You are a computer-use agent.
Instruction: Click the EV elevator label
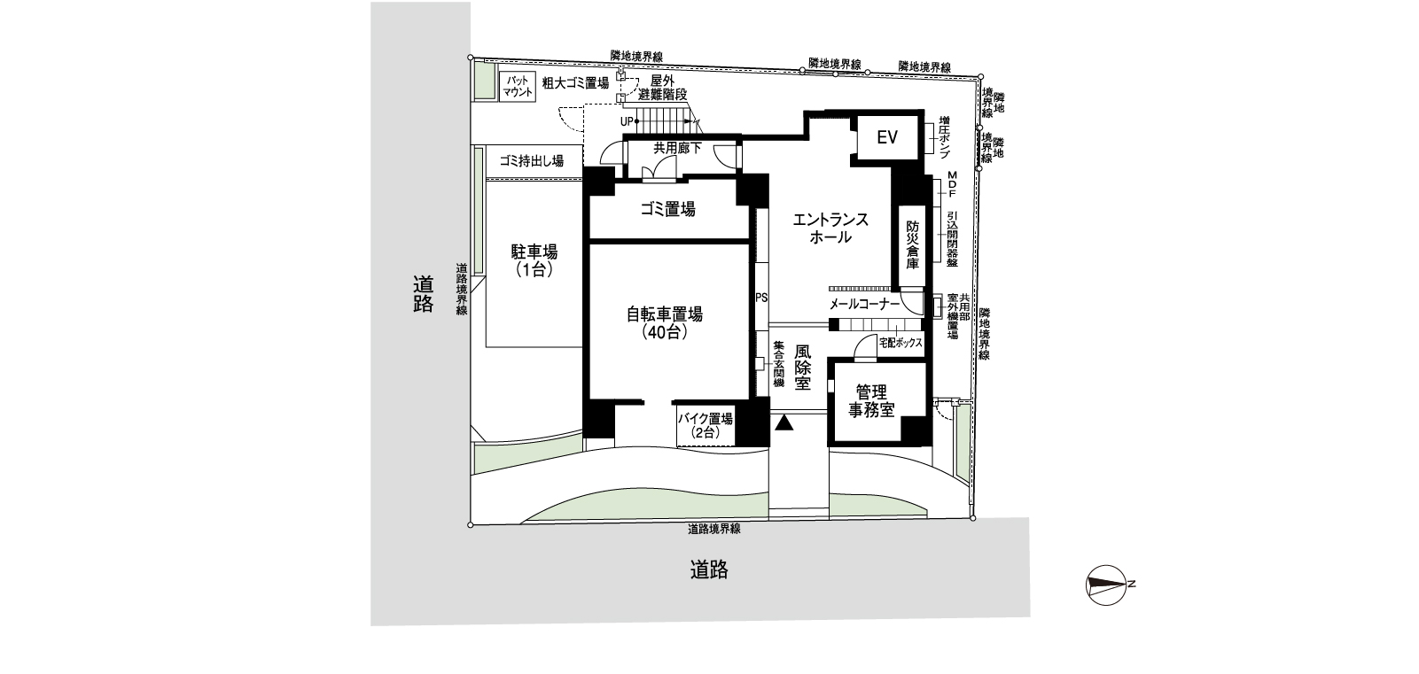[887, 137]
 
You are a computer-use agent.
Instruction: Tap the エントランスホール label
[830, 229]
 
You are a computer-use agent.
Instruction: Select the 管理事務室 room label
[873, 400]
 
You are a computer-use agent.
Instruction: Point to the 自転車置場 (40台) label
[665, 323]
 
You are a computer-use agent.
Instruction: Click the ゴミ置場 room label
[667, 209]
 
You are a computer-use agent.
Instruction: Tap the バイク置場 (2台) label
[705, 426]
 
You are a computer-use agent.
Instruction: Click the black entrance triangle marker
[783, 423]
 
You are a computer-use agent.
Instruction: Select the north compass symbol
[1106, 583]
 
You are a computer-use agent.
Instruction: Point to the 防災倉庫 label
[912, 245]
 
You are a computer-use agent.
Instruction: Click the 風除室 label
[803, 368]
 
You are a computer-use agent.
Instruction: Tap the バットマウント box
[516, 86]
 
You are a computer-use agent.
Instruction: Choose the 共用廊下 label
[677, 148]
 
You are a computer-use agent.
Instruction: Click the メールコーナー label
[864, 304]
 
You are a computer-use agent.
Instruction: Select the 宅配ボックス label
[901, 343]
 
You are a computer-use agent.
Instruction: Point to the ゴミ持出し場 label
[531, 161]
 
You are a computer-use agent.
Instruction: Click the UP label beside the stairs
[628, 120]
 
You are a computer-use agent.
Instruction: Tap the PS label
[760, 298]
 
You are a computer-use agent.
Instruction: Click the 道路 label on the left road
[423, 294]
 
